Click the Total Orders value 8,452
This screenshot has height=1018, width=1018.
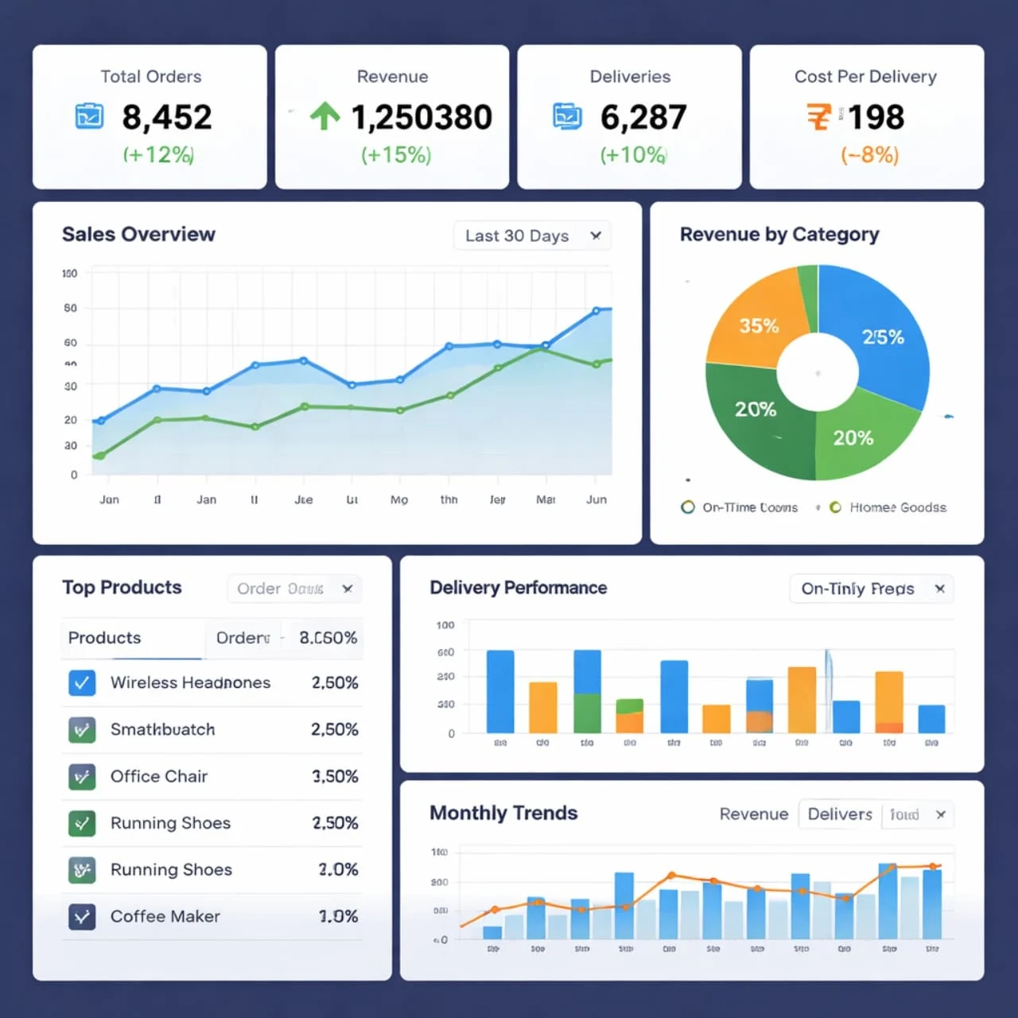click(x=166, y=118)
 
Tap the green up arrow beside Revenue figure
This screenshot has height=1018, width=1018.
click(x=324, y=116)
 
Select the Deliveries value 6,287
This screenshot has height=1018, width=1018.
click(x=643, y=118)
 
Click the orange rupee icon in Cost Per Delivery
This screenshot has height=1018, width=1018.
click(x=818, y=117)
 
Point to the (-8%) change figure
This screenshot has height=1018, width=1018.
click(x=869, y=154)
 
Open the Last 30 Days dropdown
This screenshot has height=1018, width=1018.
click(x=532, y=235)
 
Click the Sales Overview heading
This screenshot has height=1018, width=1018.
click(x=138, y=235)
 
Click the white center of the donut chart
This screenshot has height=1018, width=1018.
click(x=818, y=372)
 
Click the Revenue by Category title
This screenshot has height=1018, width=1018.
click(x=779, y=235)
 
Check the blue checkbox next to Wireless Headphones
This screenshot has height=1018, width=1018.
click(x=82, y=682)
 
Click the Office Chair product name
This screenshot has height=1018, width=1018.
click(x=159, y=776)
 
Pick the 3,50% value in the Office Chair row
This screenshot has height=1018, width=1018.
click(x=335, y=776)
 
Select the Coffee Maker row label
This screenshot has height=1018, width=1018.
click(x=165, y=916)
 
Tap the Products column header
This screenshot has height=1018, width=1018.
click(x=104, y=638)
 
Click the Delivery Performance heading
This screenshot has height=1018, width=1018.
click(x=518, y=588)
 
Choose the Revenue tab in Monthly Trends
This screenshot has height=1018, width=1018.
click(x=753, y=814)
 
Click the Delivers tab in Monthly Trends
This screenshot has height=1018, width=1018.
click(x=839, y=814)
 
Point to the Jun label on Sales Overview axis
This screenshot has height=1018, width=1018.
click(x=596, y=499)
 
